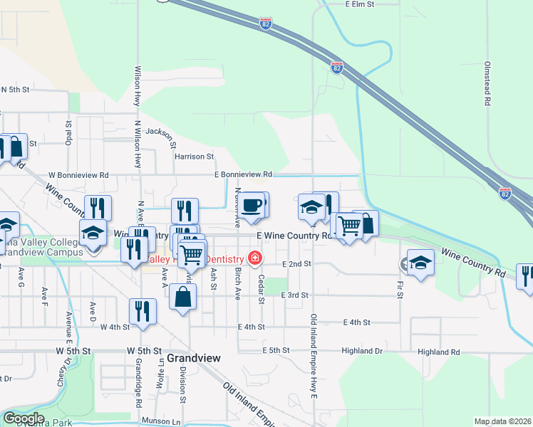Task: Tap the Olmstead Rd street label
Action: tap(487, 83)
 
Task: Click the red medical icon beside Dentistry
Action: tap(253, 258)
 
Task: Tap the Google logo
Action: tap(24, 418)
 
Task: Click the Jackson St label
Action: tap(160, 132)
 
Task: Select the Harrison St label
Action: tap(194, 157)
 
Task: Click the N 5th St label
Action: tap(15, 90)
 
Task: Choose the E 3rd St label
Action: tap(294, 295)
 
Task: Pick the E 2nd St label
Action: tap(297, 264)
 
